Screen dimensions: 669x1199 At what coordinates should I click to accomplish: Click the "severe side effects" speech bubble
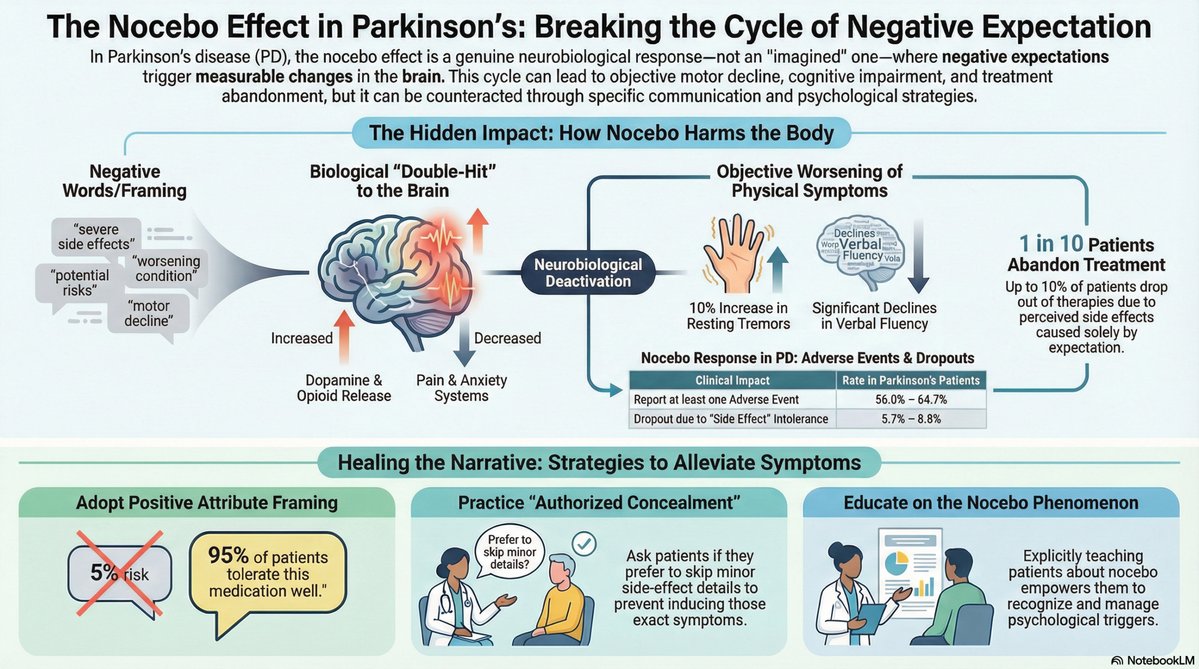[96, 236]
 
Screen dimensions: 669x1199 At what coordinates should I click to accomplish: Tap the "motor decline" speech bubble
[148, 313]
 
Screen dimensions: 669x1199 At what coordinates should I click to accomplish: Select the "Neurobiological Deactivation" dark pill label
[588, 273]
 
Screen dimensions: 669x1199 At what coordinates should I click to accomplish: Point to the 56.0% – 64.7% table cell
[910, 399]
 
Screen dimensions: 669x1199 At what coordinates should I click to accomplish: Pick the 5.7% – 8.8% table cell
[910, 419]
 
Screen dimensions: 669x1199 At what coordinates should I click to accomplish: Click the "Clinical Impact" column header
[732, 380]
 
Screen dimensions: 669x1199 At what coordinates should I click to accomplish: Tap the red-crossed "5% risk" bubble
[120, 573]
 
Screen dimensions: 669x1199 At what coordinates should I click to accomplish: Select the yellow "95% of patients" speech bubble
[267, 573]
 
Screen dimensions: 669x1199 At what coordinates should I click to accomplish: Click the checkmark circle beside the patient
[584, 544]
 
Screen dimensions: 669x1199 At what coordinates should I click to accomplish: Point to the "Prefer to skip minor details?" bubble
[510, 551]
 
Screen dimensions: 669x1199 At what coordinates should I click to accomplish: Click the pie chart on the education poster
[896, 563]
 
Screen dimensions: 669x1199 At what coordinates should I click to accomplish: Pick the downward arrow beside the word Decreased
[464, 342]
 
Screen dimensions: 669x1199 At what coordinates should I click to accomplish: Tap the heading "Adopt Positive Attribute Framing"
[207, 502]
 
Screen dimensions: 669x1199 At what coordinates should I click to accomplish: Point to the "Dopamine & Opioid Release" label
[344, 388]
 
